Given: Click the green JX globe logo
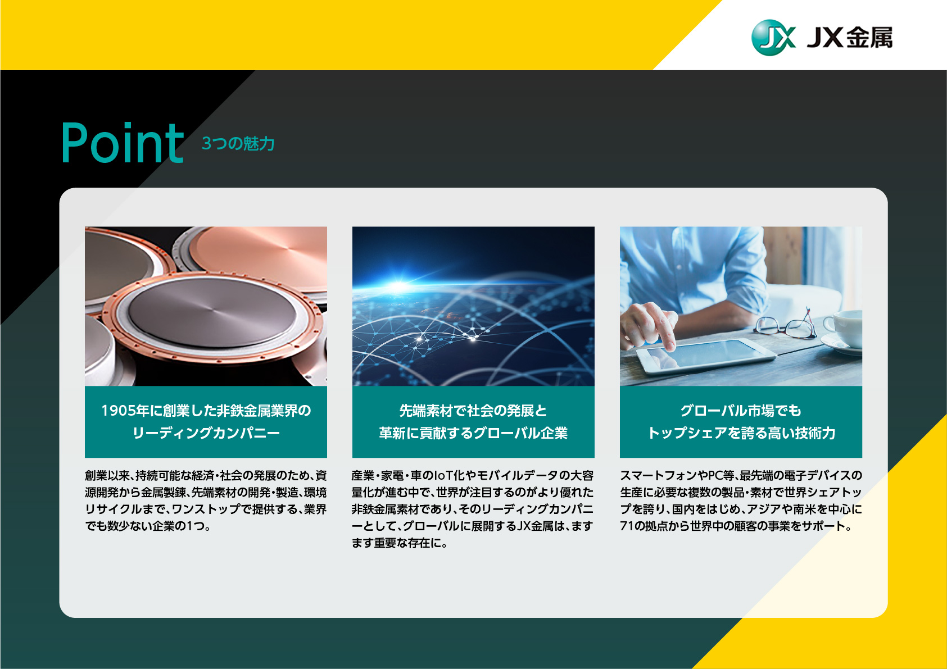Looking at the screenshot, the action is click(773, 38).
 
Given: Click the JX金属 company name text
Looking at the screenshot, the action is click(850, 38).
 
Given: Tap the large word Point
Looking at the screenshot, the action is click(123, 143).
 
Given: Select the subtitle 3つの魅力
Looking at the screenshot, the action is click(238, 144).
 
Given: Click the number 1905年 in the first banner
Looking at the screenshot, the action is click(125, 411).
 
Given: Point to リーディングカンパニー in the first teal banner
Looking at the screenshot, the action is click(206, 433).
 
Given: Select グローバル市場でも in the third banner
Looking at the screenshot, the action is click(741, 411).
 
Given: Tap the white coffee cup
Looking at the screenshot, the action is click(844, 330).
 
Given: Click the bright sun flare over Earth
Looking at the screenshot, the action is click(398, 287).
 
